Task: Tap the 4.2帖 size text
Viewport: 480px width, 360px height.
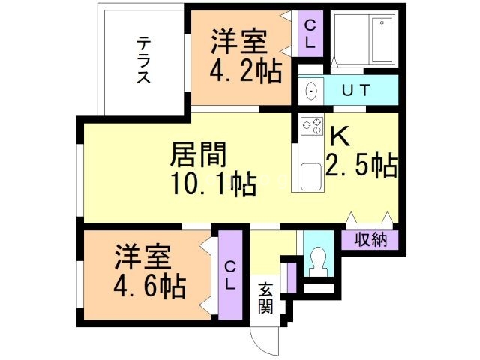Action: pos(245,72)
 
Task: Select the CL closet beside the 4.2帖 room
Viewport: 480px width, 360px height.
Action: pos(309,34)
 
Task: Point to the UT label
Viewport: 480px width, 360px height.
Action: pos(355,91)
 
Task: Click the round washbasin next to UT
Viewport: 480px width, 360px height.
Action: pos(312,91)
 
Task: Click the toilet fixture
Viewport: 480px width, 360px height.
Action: pos(318,259)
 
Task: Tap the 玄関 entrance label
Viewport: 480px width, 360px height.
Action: pos(266,298)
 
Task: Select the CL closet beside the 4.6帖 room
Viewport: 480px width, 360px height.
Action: pos(230,274)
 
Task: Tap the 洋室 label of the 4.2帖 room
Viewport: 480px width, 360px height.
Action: pos(238,42)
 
